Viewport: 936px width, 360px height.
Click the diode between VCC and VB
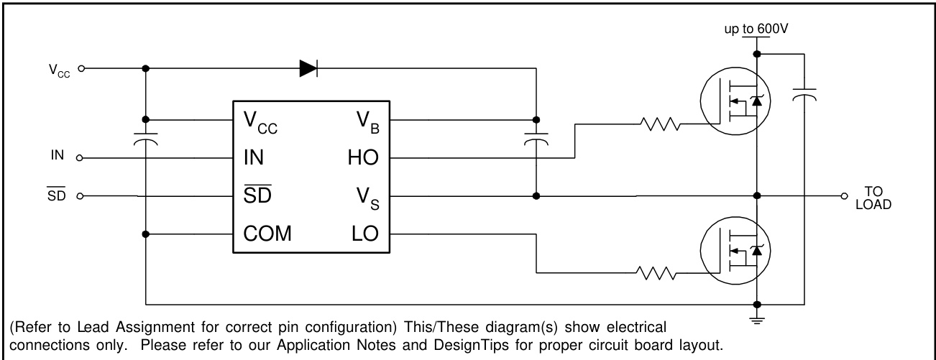click(308, 68)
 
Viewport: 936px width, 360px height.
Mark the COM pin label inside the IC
click(267, 234)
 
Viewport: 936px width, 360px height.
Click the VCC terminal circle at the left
click(81, 69)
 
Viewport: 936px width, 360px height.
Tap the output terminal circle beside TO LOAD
click(845, 195)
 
